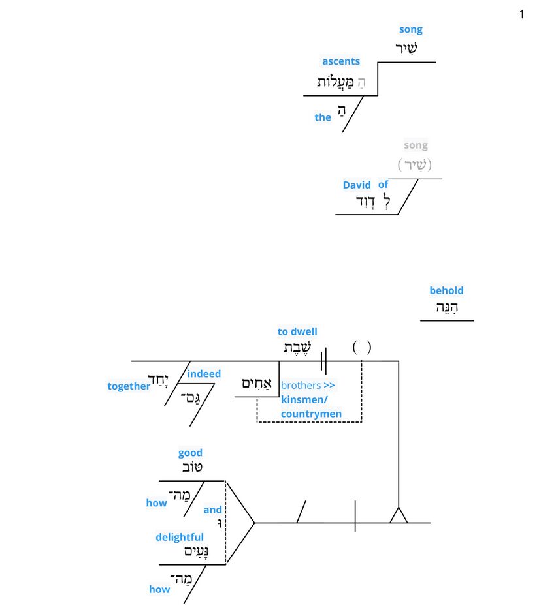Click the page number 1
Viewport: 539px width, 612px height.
point(521,14)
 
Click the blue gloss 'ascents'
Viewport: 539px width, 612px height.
point(341,61)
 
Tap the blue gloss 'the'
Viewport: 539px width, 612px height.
point(323,117)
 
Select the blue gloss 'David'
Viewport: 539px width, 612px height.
point(357,185)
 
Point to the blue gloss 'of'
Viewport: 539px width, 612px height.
point(384,185)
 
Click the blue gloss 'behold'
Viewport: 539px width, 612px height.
point(446,291)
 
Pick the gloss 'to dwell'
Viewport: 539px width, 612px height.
point(297,332)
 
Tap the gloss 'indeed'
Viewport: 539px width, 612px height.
point(204,374)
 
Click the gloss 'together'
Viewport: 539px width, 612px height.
point(129,386)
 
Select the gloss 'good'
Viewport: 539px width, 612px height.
point(190,453)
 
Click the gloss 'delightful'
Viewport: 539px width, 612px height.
point(180,537)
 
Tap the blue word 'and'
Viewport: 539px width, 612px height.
point(212,510)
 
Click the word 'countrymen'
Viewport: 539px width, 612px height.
point(311,414)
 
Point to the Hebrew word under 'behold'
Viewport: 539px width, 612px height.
point(447,308)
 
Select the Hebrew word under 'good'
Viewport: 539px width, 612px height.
point(191,468)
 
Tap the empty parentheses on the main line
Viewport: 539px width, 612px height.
point(362,347)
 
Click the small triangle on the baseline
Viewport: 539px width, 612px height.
point(399,516)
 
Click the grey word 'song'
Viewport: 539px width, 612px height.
point(416,145)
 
